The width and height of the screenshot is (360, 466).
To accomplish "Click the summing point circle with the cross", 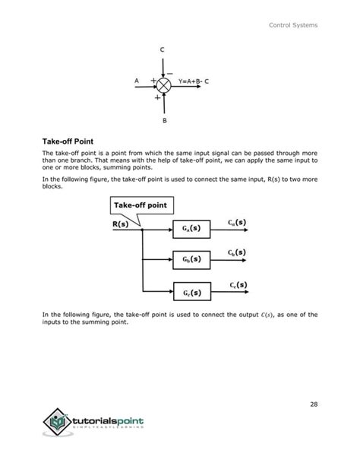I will (163, 81).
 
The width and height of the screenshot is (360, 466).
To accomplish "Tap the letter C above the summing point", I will (162, 50).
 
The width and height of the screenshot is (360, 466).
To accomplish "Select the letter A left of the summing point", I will (136, 81).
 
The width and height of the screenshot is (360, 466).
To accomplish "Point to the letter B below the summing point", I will (164, 120).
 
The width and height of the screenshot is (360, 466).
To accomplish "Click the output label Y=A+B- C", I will (194, 81).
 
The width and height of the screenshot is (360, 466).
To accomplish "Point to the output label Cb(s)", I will (237, 252).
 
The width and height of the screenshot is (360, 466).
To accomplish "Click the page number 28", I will (314, 404).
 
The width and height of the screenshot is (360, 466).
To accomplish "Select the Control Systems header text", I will (294, 26).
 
